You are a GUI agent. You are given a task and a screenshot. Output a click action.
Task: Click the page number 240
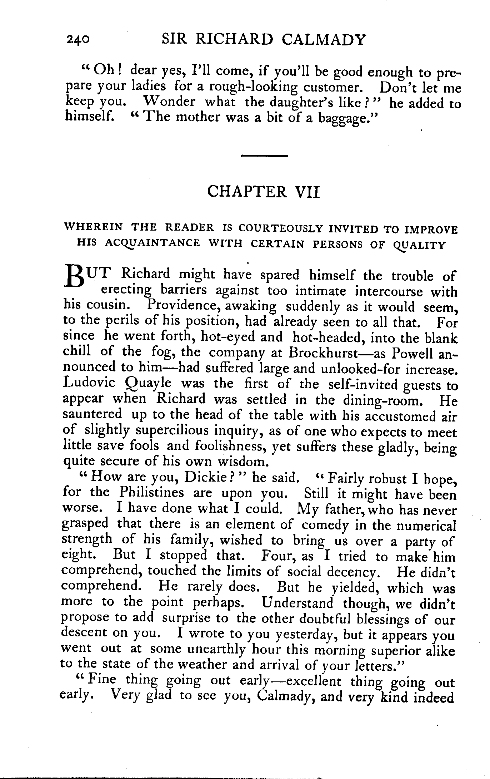(x=77, y=39)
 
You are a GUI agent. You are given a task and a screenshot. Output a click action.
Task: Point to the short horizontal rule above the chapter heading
(x=265, y=156)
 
